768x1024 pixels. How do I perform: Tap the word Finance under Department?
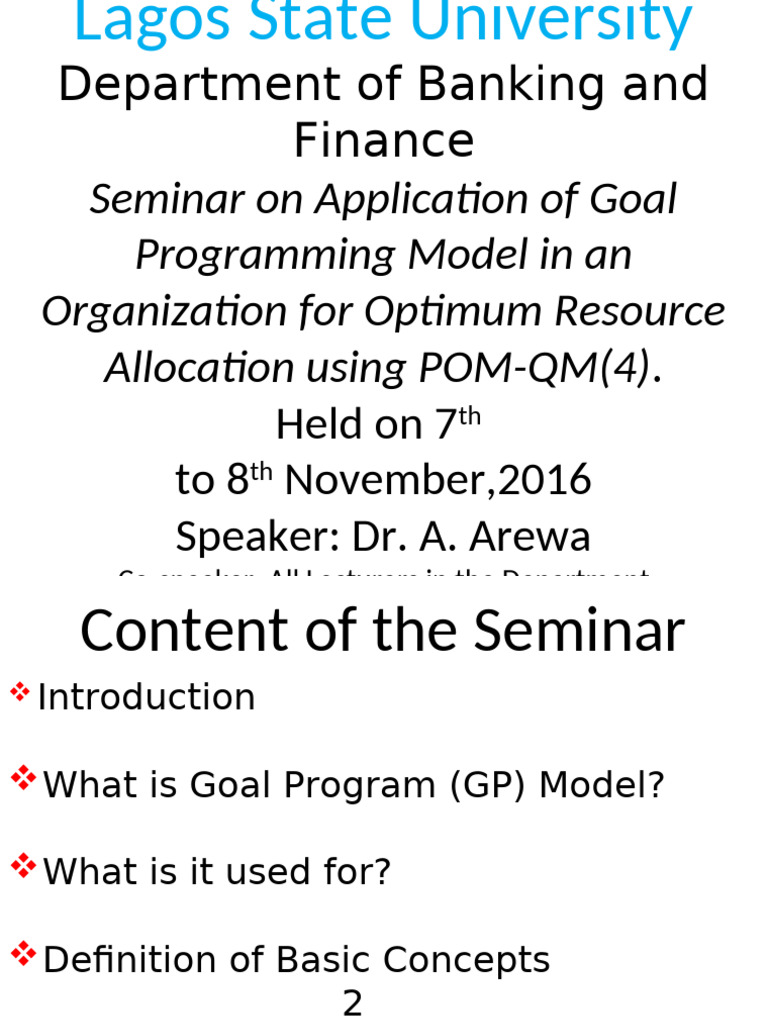(384, 140)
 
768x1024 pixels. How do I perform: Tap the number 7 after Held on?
(445, 426)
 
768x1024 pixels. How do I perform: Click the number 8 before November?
(237, 481)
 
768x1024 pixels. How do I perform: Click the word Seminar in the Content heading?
(579, 632)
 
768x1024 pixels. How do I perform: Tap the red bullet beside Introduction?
(19, 691)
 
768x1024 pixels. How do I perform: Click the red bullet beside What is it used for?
(23, 866)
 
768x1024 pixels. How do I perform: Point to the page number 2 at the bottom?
(353, 1003)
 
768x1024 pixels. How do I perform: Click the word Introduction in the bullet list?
(146, 698)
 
